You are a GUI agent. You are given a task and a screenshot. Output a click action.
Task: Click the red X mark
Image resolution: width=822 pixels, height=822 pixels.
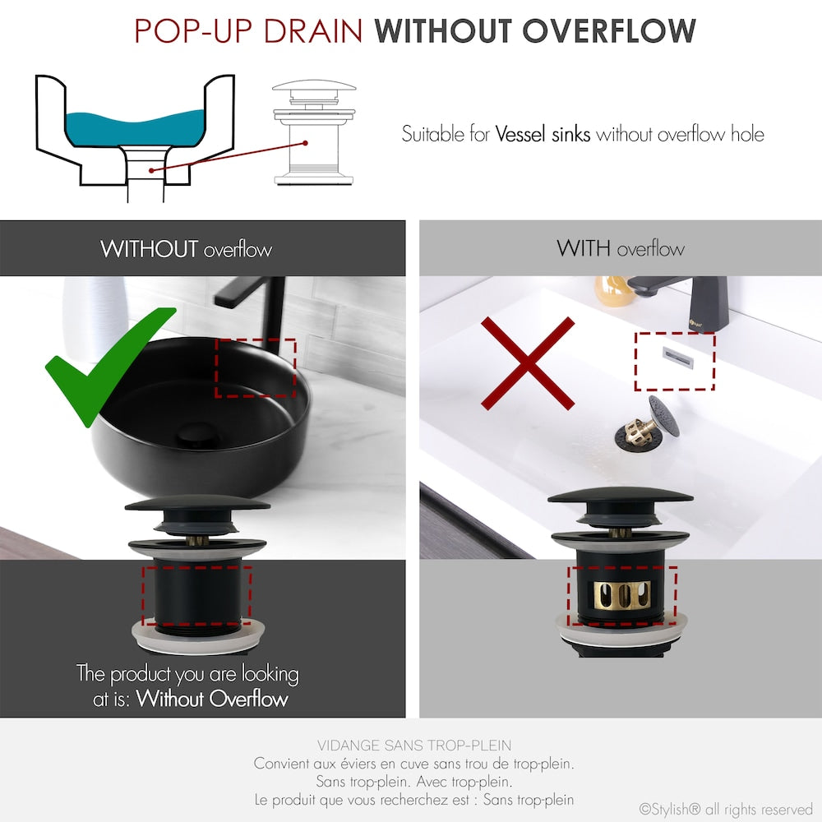click(527, 363)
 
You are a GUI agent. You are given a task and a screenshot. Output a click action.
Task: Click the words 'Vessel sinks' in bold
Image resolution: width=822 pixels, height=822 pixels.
click(543, 134)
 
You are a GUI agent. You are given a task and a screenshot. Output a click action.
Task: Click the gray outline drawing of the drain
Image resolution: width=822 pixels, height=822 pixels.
click(314, 132)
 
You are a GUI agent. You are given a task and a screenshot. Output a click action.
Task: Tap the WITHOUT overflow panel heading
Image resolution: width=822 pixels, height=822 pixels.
click(186, 248)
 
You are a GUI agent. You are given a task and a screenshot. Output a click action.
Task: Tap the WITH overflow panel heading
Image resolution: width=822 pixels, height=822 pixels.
click(620, 248)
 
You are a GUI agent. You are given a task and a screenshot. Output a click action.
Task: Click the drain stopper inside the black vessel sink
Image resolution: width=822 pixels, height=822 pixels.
click(197, 432)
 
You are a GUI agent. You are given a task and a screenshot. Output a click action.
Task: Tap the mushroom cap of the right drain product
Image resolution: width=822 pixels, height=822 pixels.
click(621, 498)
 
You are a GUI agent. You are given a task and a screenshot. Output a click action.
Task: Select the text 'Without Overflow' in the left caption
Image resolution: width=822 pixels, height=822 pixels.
click(212, 700)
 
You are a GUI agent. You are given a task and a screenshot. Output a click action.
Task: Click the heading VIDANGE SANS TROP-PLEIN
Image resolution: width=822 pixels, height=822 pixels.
click(413, 746)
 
